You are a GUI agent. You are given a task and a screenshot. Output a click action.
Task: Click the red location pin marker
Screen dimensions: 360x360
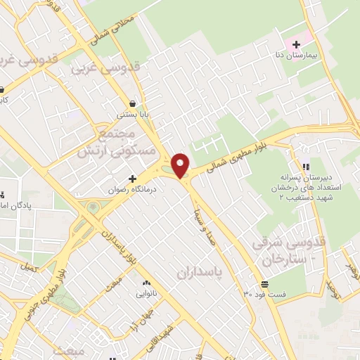(x=181, y=165)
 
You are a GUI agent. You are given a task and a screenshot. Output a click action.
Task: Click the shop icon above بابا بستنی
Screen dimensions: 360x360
(x=131, y=103)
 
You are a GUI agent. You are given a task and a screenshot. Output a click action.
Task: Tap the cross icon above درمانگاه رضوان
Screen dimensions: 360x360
(x=131, y=179)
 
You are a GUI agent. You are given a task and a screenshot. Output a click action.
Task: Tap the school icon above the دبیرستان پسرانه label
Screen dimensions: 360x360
(x=306, y=166)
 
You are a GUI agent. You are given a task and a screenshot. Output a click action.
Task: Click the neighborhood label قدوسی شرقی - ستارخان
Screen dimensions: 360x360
(x=283, y=250)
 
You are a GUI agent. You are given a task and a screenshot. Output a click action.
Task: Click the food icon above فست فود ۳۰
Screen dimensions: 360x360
(x=264, y=283)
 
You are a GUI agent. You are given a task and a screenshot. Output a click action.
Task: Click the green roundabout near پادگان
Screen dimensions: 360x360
(x=92, y=208)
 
